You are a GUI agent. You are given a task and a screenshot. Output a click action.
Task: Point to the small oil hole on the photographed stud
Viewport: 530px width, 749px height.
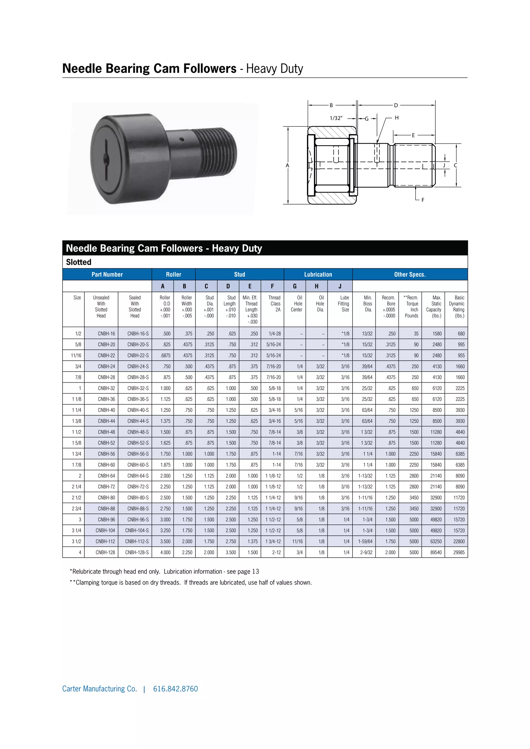tap(182, 140)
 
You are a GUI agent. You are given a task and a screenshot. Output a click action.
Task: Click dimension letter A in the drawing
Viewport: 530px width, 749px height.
tap(287, 165)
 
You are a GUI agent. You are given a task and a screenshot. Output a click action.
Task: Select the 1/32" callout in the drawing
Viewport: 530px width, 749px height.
tap(336, 118)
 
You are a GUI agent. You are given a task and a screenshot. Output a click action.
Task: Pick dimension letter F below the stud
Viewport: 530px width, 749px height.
tap(423, 200)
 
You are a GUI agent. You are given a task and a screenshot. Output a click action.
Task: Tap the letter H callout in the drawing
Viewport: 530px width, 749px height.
tap(397, 118)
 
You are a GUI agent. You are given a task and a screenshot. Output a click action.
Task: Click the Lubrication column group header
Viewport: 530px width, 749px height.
tap(318, 274)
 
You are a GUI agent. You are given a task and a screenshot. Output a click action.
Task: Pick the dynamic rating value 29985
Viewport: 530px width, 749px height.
tap(459, 552)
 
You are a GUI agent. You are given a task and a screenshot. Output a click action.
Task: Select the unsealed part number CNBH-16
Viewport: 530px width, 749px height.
tap(106, 334)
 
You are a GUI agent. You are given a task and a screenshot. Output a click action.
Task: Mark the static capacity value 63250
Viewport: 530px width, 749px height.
tap(436, 541)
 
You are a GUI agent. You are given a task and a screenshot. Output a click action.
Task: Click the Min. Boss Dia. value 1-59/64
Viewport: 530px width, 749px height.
tap(365, 541)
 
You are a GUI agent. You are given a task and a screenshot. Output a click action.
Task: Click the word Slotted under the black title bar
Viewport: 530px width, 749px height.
tap(79, 262)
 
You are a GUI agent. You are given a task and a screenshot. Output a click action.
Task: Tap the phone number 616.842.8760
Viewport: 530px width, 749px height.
tap(175, 689)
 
